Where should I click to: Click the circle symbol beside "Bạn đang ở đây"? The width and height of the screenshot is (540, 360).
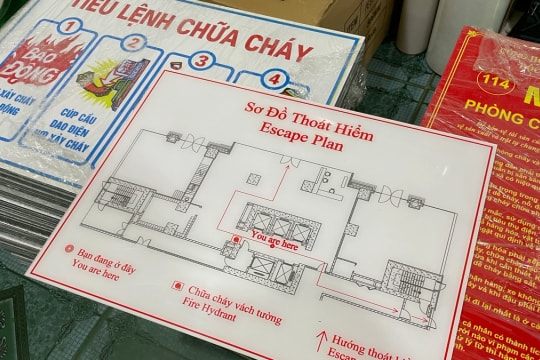(x=68, y=250)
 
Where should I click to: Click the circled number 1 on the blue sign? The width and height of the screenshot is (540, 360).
(x=73, y=27)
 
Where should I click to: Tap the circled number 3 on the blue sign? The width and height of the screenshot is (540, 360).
(x=202, y=61)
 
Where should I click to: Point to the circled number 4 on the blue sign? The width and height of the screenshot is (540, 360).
(x=273, y=79)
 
